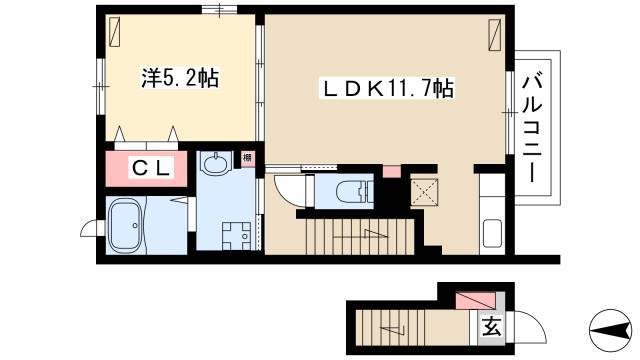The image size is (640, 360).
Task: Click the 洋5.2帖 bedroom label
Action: pos(180,78)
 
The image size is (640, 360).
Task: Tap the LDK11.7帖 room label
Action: pos(387,88)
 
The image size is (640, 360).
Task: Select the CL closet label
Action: pos(151,168)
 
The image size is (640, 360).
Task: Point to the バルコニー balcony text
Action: pos(533,128)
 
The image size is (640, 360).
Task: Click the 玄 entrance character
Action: pos(492,326)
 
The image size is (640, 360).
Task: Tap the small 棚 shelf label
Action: pos(247,158)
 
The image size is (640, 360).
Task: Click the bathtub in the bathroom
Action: pos(126,225)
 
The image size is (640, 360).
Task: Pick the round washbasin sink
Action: pos(216,164)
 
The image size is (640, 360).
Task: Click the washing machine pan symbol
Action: pos(236,236)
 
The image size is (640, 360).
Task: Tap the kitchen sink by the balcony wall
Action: pos(492,234)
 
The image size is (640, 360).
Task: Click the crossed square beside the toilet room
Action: pos(424,192)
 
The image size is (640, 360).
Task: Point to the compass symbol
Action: pos(610,330)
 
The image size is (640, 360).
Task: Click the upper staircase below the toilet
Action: pos(360,237)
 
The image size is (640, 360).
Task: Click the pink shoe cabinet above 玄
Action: pos(475,300)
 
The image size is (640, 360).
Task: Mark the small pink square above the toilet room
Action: pos(392,171)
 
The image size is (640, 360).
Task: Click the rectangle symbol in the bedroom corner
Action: pos(114,32)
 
